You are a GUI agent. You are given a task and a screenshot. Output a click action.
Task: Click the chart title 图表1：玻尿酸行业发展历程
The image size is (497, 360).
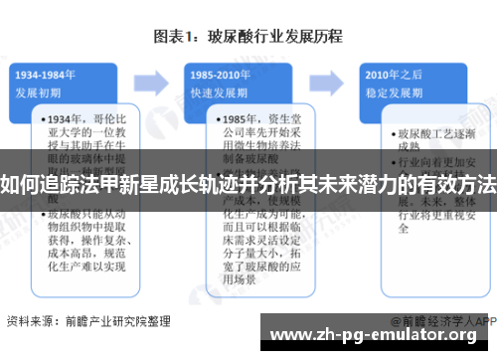tap(248, 37)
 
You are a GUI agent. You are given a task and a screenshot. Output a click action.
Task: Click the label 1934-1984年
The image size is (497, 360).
tap(47, 76)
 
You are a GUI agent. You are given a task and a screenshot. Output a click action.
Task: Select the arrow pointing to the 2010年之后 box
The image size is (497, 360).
tap(335, 80)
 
